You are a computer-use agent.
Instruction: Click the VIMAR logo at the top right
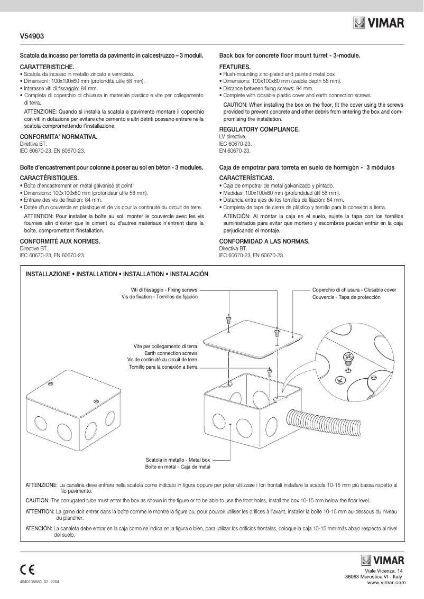[x=379, y=23]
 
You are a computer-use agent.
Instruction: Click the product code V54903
[x=32, y=36]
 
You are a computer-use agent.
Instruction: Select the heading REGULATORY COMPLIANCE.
[x=260, y=129]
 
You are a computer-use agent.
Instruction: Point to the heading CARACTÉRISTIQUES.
[x=49, y=178]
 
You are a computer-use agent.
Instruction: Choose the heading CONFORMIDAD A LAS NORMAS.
[x=264, y=241]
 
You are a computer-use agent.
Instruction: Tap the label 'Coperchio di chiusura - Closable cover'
[x=354, y=290]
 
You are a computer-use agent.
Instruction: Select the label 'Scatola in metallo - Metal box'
[x=178, y=460]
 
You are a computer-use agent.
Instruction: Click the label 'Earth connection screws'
[x=171, y=353]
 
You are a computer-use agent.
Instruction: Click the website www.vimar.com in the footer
[x=386, y=582]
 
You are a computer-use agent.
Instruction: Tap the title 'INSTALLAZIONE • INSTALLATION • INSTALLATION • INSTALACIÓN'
[x=117, y=274]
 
